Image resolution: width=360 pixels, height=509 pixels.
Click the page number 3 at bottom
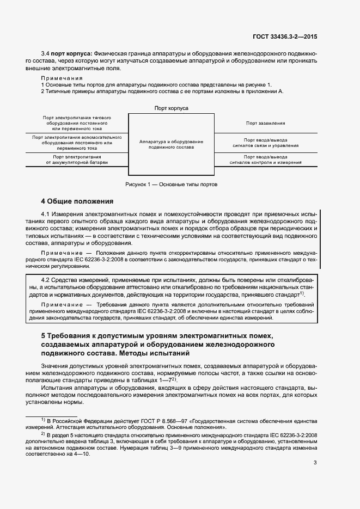(x=315, y=463)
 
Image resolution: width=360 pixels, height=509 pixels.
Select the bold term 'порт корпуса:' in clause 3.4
(x=71, y=54)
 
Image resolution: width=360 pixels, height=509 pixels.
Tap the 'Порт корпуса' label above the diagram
(x=171, y=108)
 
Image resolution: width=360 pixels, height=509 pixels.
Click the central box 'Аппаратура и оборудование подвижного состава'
(x=171, y=144)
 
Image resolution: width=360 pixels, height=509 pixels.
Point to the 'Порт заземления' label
(x=265, y=124)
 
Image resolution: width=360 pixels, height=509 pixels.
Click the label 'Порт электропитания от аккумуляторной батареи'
(x=77, y=160)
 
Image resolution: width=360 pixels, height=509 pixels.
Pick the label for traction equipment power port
(x=77, y=123)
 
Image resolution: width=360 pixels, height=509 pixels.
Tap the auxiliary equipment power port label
(x=77, y=143)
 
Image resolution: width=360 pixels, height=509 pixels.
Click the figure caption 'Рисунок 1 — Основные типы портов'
(x=171, y=185)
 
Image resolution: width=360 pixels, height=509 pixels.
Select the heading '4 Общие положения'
(x=77, y=201)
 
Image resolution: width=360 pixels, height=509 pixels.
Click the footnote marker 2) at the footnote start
(x=44, y=434)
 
